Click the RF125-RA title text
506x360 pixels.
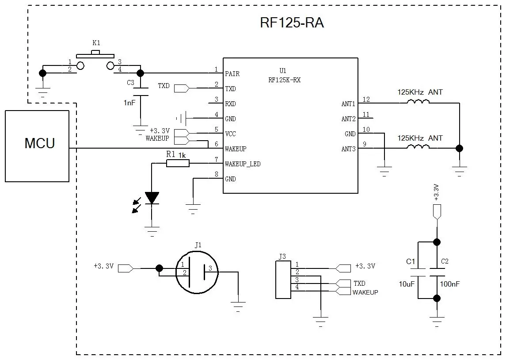292,23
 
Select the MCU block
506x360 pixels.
37,146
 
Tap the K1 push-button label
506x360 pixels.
96,43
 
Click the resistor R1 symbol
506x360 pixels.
178,164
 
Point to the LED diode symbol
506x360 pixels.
152,198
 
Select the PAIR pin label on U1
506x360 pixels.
232,74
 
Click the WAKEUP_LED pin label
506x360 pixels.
243,164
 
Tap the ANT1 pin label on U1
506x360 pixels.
348,104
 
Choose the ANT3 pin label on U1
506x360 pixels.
348,149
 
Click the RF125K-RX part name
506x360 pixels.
284,80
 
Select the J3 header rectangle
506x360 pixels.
283,279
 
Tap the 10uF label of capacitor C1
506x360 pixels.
407,284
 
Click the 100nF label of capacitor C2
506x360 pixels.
449,284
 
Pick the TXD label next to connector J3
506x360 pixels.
359,283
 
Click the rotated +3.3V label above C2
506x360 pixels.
436,192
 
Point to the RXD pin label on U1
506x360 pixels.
230,104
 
